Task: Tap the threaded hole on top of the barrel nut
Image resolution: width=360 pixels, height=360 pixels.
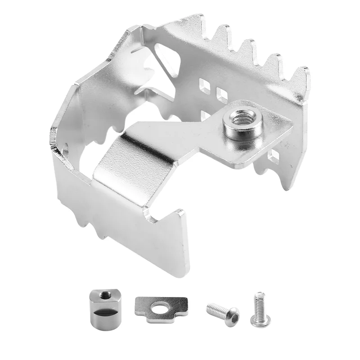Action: [103, 295]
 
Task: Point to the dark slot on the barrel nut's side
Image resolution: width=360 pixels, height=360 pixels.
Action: [103, 312]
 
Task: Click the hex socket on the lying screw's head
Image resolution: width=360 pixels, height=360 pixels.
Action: [234, 315]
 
